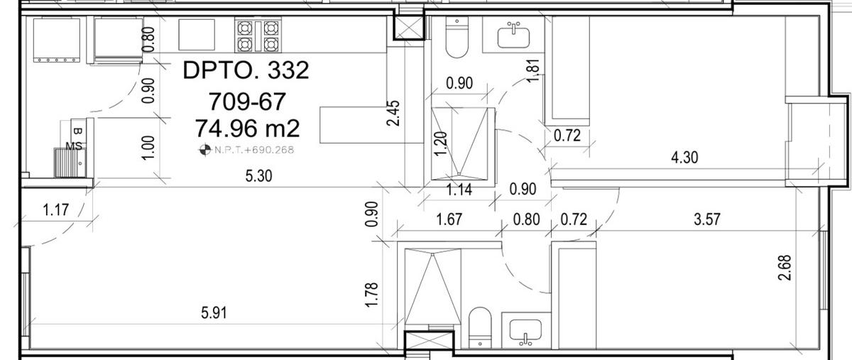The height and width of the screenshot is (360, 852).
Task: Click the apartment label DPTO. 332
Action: pos(246,70)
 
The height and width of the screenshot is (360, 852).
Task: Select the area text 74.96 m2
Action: pos(248,129)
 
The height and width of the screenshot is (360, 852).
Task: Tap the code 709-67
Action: pos(247,102)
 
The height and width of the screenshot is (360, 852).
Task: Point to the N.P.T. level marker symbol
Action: pos(205,150)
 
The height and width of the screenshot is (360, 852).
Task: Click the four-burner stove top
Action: pos(258,36)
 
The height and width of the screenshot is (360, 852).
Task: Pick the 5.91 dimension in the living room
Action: pos(214,313)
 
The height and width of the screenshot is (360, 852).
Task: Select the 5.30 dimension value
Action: pos(258,176)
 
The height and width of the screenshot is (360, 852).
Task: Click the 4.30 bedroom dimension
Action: pos(684,157)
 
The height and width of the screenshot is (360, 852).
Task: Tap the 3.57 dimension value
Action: pos(707,219)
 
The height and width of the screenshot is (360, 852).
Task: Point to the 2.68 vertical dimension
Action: pos(785,268)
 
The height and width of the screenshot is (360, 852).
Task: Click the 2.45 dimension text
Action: pos(393,113)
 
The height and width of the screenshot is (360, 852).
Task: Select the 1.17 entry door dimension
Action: pos(56,209)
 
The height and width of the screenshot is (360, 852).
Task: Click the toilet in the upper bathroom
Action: pos(457,38)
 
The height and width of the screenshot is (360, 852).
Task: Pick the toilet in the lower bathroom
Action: pos(480,327)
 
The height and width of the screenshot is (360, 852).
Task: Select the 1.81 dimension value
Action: pos(533,70)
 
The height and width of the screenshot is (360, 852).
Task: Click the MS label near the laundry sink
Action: pos(74,146)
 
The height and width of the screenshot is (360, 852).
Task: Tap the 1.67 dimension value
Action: pos(449,219)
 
